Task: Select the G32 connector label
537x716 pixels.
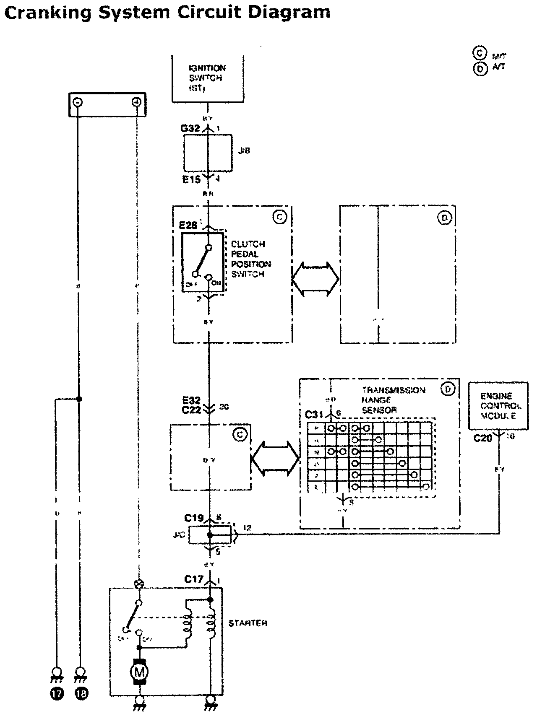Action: [190, 128]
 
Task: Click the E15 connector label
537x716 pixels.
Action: [191, 179]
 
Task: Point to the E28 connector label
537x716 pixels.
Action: [188, 226]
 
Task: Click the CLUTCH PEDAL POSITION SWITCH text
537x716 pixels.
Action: [251, 259]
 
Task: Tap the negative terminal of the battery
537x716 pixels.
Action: [78, 102]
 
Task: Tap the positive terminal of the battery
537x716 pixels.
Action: [136, 102]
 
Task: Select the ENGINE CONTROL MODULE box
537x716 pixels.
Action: [498, 405]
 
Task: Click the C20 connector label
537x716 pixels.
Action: [483, 438]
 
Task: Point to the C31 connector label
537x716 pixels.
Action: [314, 415]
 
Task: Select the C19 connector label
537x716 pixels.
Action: [194, 518]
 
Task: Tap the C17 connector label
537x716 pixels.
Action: [194, 580]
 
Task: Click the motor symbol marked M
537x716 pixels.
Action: [139, 672]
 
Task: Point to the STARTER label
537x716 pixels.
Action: [248, 623]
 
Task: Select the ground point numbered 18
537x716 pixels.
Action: [81, 694]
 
